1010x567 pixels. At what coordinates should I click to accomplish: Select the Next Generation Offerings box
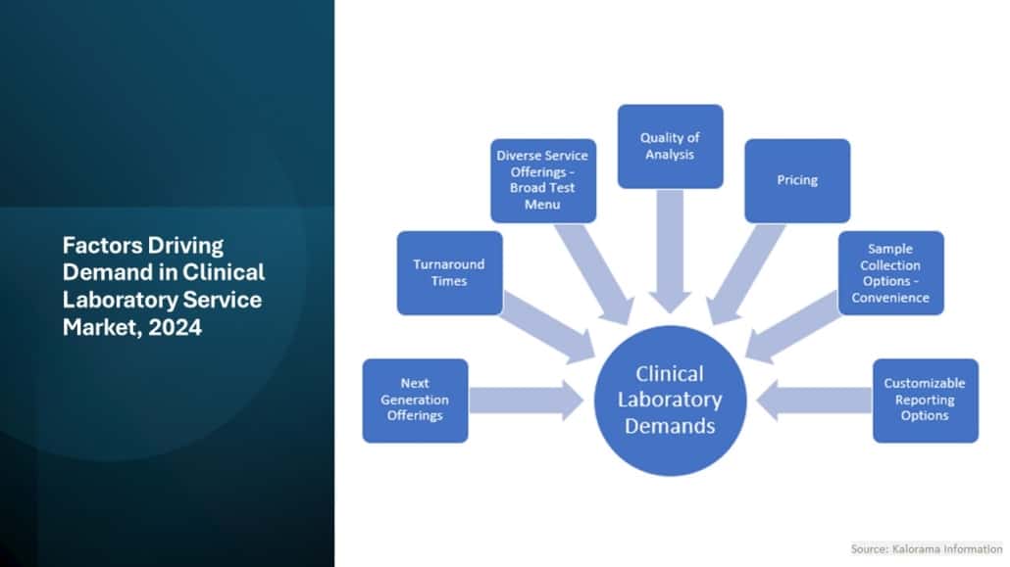pyautogui.click(x=415, y=400)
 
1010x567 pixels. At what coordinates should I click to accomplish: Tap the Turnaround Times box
pyautogui.click(x=449, y=272)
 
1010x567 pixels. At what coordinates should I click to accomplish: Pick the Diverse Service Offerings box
pyautogui.click(x=542, y=180)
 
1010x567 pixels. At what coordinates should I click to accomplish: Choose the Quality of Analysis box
pyautogui.click(x=670, y=146)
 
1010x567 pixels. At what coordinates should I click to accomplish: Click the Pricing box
pyautogui.click(x=796, y=180)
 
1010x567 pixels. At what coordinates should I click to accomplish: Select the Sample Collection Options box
pyautogui.click(x=890, y=272)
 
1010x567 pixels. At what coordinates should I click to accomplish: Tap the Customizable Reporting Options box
pyautogui.click(x=925, y=400)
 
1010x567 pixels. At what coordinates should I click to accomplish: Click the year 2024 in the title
pyautogui.click(x=176, y=328)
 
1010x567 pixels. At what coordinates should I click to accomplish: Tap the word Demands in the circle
pyautogui.click(x=671, y=425)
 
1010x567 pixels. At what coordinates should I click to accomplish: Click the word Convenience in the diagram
pyautogui.click(x=890, y=298)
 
